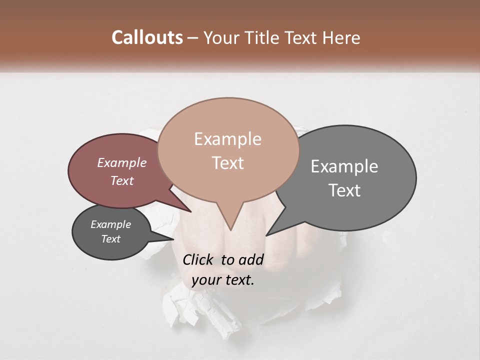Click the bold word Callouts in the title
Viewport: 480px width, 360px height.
tap(147, 37)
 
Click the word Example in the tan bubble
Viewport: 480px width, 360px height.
tap(227, 139)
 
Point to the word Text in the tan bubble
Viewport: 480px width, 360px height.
tap(227, 163)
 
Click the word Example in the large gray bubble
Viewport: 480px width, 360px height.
tap(344, 166)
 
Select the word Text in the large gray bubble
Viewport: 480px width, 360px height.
tap(344, 190)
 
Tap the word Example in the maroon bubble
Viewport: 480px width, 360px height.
tap(121, 162)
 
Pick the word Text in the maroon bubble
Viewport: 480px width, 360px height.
tap(121, 180)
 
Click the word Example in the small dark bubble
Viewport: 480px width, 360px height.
tap(110, 224)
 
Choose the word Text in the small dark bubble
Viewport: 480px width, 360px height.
tap(110, 239)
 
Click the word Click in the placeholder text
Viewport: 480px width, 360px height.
tap(198, 259)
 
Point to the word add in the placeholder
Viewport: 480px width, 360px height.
tap(251, 259)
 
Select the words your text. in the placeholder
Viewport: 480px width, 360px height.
tap(223, 280)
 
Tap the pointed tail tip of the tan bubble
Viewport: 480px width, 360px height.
tap(230, 229)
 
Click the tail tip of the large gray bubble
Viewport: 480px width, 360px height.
tap(266, 235)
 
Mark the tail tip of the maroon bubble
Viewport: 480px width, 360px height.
tap(190, 211)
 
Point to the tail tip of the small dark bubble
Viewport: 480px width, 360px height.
tap(173, 239)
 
